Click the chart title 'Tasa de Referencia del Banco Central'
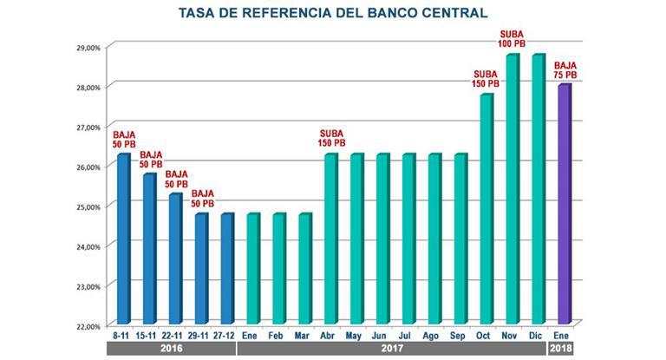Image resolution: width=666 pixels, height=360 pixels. [x=332, y=12]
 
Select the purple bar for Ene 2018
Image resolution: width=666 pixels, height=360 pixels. [x=564, y=204]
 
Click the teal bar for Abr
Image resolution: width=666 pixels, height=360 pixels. [x=330, y=239]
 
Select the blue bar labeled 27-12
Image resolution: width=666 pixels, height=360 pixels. [x=226, y=268]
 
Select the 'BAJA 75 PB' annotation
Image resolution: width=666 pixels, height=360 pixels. [x=565, y=69]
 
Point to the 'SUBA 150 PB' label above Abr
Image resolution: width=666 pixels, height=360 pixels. [x=331, y=138]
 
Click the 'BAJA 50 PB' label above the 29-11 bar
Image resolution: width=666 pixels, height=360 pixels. [x=203, y=199]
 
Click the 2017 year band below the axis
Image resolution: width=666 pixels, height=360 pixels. [x=392, y=349]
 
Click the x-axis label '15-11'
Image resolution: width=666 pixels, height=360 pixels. [x=149, y=333]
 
